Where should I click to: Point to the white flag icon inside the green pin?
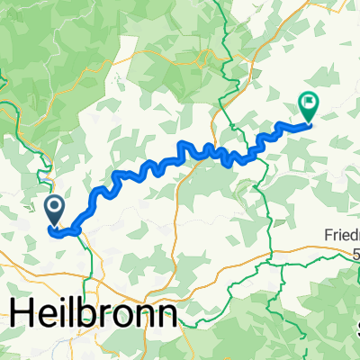(x=308, y=103)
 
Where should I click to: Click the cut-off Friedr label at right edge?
(x=341, y=236)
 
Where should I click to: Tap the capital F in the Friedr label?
(x=327, y=236)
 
